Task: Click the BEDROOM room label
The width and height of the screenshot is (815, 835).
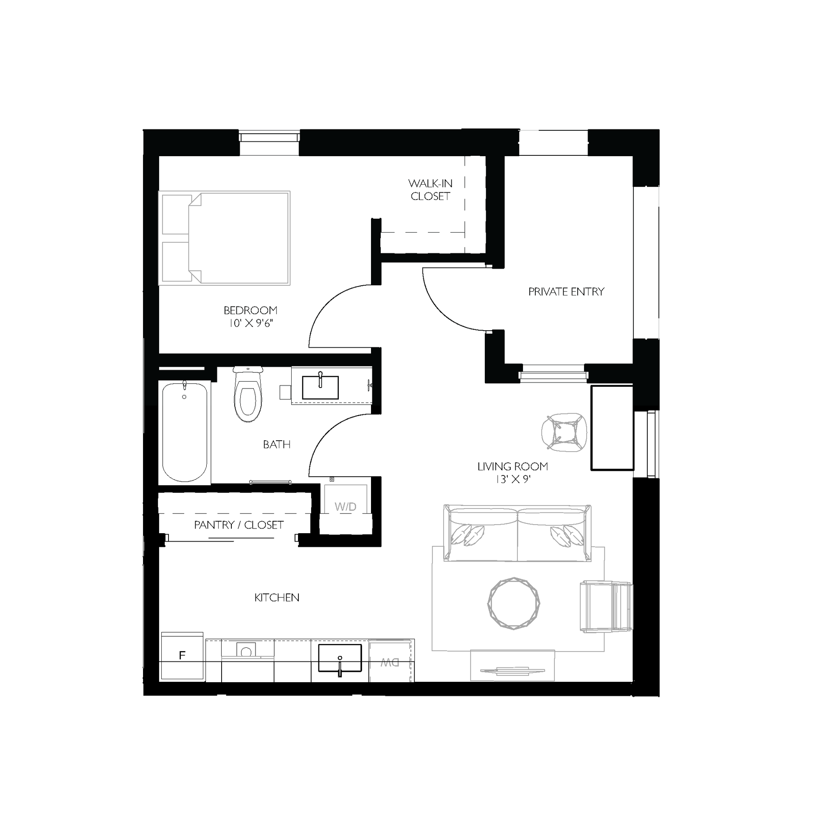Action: [250, 310]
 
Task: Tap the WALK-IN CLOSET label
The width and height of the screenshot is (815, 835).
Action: [430, 190]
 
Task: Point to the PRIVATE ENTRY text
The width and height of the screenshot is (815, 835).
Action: [566, 292]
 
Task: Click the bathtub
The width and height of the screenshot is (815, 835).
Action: [185, 432]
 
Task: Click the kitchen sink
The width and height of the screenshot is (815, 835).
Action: [340, 658]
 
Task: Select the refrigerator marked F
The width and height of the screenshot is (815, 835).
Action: [183, 655]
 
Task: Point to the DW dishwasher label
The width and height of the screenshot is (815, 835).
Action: [390, 663]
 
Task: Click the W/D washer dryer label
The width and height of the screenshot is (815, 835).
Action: [345, 507]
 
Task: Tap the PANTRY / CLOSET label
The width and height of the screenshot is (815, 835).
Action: [239, 525]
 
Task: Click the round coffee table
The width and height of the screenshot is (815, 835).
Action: [514, 603]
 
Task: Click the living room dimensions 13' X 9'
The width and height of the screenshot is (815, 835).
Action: [513, 479]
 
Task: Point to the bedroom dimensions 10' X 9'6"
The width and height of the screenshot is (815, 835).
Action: [250, 323]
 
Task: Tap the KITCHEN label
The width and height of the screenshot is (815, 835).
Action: [276, 597]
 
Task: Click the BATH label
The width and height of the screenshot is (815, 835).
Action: [276, 444]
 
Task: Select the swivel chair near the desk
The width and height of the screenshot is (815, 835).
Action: [564, 432]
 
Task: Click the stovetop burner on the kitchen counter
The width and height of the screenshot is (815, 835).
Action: [246, 651]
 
